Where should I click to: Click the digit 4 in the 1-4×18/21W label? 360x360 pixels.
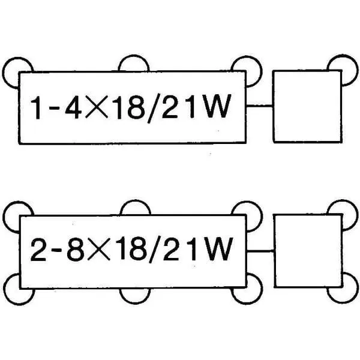(x=73, y=107)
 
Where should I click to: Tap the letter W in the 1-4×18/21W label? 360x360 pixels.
(x=217, y=107)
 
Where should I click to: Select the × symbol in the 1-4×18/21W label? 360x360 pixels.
(x=97, y=107)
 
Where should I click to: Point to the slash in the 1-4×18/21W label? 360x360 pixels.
(x=154, y=108)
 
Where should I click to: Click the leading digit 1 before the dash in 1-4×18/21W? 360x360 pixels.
(x=36, y=107)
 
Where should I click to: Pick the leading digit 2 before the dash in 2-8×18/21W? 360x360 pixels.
(x=38, y=250)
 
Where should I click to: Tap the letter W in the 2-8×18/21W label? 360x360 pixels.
(x=218, y=249)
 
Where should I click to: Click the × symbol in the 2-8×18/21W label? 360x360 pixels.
(x=99, y=249)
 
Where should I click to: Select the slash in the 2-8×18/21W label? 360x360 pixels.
(x=155, y=250)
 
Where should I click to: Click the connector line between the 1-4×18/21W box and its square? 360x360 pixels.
(x=259, y=106)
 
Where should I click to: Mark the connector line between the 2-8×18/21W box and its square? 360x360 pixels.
(x=260, y=251)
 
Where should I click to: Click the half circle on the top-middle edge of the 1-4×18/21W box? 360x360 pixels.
(x=134, y=56)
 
